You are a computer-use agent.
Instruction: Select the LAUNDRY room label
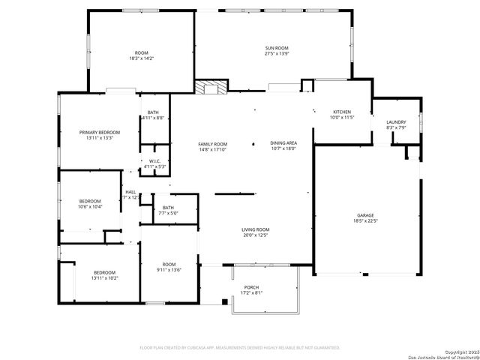point(396,122)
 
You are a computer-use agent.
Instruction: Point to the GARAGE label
point(365,214)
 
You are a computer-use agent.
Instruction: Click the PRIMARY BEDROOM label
point(99,132)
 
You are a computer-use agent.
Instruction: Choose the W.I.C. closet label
point(154,160)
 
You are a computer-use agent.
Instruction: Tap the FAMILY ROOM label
point(212,143)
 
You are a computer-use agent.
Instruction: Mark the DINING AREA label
point(283,142)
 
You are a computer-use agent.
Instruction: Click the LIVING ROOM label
point(255,229)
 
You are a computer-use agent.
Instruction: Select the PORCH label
point(251,287)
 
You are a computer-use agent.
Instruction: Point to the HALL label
point(130,191)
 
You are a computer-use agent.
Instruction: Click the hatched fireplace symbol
point(210,87)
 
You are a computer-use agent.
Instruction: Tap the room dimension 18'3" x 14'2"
point(141,58)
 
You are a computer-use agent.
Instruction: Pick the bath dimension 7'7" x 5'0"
point(168,214)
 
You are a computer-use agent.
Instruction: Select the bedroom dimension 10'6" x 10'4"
point(90,207)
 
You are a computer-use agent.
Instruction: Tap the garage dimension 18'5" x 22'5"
point(365,220)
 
